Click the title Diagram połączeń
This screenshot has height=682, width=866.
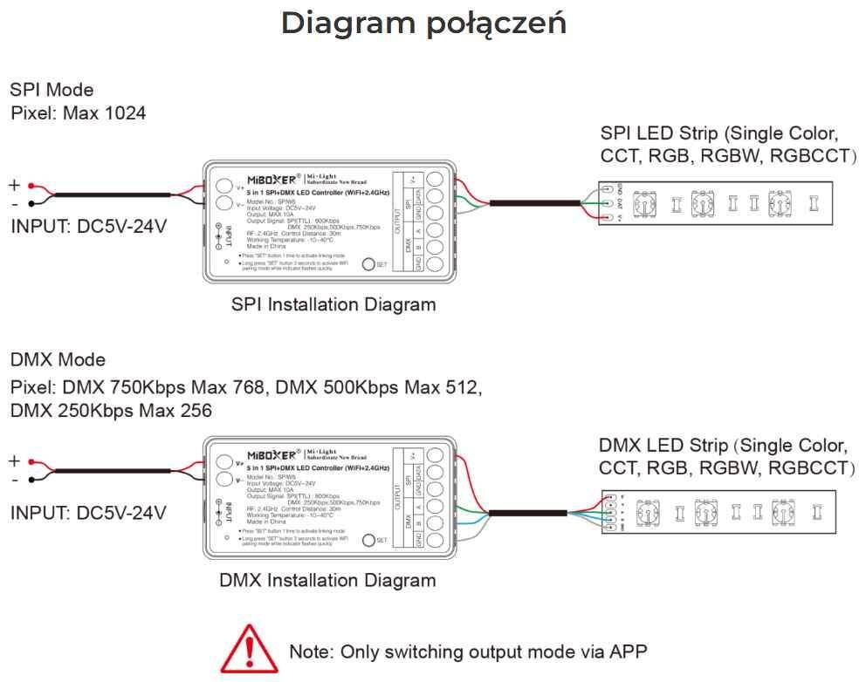tap(423, 24)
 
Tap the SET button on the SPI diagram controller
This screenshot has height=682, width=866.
tap(368, 264)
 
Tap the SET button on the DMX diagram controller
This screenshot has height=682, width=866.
tap(368, 540)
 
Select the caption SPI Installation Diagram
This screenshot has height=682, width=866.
tap(333, 305)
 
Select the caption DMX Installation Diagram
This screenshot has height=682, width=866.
tap(326, 580)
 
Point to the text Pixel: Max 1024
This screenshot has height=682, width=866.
tap(78, 113)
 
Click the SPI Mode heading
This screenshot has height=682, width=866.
tap(52, 90)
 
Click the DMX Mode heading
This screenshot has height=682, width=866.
tap(58, 360)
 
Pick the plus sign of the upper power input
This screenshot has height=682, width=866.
tap(14, 185)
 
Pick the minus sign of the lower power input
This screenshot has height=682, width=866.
tap(14, 479)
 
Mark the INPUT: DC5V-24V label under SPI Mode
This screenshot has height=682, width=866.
tap(88, 228)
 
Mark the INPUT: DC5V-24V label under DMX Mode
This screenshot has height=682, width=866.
tap(88, 513)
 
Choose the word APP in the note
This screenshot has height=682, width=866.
tap(628, 651)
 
